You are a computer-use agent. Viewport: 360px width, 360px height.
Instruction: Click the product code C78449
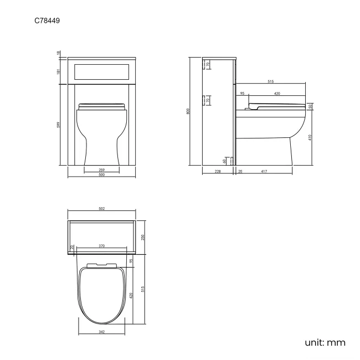click(48, 21)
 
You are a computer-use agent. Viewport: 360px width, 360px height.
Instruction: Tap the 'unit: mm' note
click(325, 342)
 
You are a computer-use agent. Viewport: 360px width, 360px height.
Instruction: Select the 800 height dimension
click(188, 111)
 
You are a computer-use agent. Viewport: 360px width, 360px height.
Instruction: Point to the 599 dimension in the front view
click(59, 126)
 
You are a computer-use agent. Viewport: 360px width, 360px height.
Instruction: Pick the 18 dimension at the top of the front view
click(59, 53)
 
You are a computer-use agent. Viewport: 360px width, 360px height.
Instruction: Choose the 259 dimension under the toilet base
click(102, 169)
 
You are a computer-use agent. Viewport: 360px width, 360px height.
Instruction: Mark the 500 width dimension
click(102, 176)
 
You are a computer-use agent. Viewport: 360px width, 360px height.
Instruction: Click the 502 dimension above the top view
click(102, 209)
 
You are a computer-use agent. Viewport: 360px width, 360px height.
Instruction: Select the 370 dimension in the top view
click(102, 245)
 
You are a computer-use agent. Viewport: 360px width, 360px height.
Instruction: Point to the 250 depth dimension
click(143, 237)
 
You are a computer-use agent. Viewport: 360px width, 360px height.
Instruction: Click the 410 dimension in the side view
click(310, 137)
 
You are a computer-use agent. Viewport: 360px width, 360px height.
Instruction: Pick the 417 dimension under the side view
click(264, 172)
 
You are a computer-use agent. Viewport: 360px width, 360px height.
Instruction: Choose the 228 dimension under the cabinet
click(218, 172)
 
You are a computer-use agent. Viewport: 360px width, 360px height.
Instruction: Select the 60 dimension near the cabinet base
click(225, 161)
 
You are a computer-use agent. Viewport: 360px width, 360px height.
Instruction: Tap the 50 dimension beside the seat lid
click(310, 106)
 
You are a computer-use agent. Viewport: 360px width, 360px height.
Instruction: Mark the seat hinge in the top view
click(102, 264)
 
